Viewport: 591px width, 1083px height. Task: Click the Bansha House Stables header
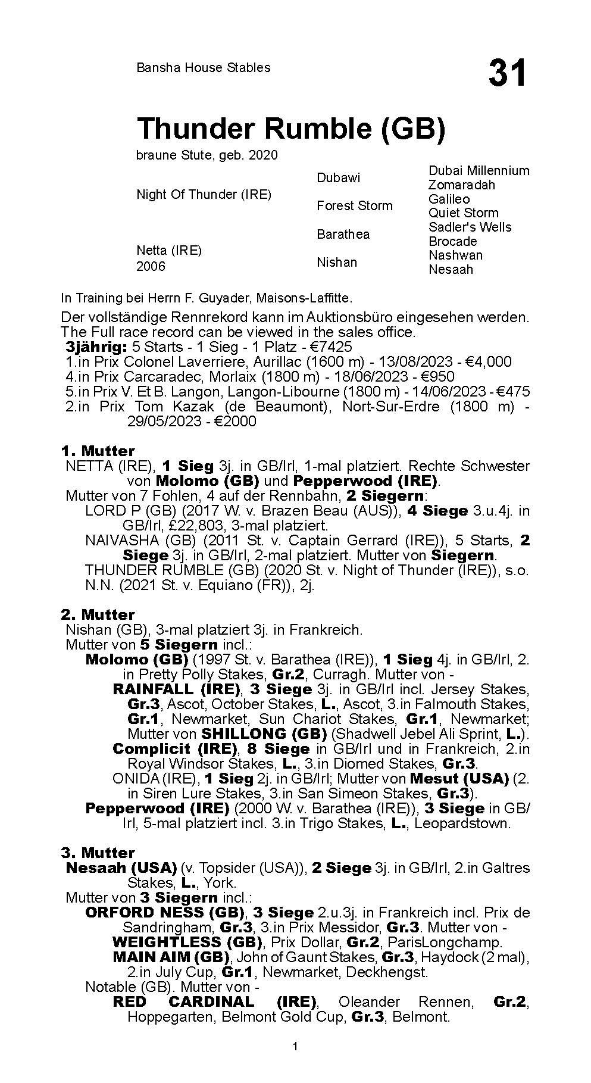point(203,68)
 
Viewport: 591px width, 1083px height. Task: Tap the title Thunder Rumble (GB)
point(290,129)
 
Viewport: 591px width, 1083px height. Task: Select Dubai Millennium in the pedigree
point(479,171)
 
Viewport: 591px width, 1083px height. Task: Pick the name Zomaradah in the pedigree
point(461,185)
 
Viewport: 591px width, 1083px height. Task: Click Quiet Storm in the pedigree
point(463,213)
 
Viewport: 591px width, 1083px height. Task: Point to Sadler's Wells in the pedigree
point(470,227)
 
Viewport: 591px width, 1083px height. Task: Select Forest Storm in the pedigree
point(354,206)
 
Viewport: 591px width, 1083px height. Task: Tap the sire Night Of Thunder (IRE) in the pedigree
point(204,195)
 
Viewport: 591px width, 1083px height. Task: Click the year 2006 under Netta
point(151,266)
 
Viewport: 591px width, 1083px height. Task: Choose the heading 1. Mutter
point(98,451)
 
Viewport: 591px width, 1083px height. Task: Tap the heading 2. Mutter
point(98,614)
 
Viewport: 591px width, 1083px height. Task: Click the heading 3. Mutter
point(98,853)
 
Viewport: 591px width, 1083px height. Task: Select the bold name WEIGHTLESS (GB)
point(187,942)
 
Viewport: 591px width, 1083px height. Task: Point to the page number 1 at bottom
point(295,1063)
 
